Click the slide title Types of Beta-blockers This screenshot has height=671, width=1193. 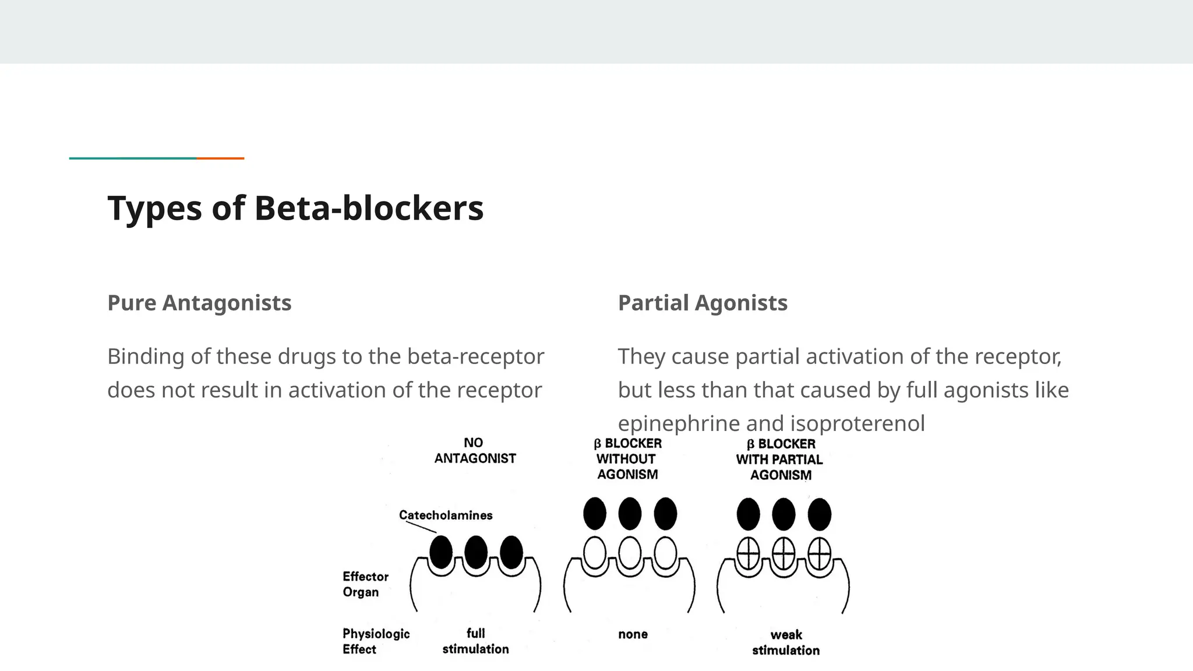tap(295, 208)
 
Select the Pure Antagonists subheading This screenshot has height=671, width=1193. tap(199, 303)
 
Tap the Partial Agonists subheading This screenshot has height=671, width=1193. tap(703, 303)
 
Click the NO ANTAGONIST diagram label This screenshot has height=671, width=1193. tap(475, 451)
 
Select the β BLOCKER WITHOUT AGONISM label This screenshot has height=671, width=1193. tap(627, 459)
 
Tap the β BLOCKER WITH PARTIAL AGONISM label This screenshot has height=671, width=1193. tap(779, 460)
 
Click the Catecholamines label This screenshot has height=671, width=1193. tap(446, 515)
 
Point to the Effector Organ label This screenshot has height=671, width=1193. tap(365, 584)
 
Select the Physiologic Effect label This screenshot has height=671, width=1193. tap(376, 641)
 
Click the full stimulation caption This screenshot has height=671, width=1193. tap(475, 641)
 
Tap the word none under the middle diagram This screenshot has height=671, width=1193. tap(633, 634)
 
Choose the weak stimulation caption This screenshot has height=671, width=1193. tap(786, 642)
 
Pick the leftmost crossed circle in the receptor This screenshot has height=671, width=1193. tap(748, 553)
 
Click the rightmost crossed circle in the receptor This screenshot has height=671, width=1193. tap(819, 553)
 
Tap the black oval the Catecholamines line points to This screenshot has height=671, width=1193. tap(441, 552)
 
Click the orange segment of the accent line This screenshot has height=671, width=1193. tap(220, 158)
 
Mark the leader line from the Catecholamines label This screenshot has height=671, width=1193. tap(421, 527)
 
